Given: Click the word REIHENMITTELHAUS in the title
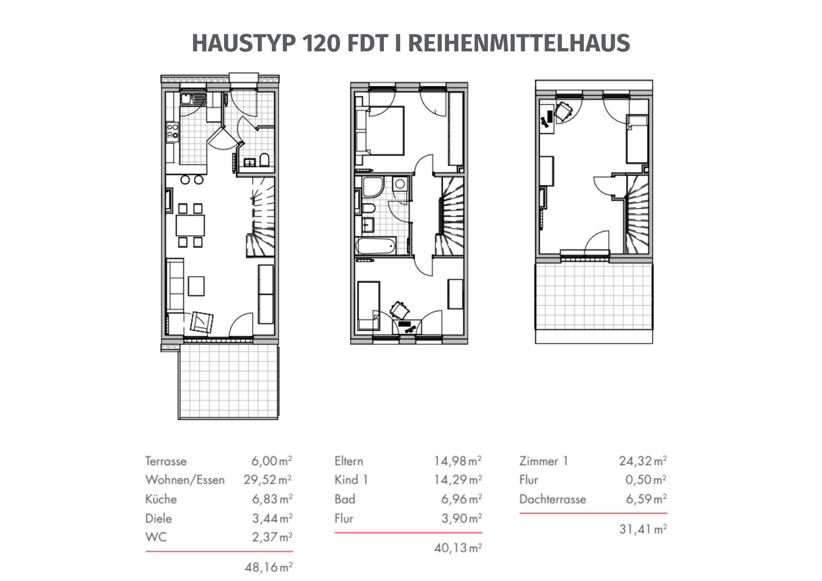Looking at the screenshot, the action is pyautogui.click(x=519, y=43).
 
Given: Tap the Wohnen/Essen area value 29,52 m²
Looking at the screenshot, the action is pyautogui.click(x=268, y=480).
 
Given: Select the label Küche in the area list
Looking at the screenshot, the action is pyautogui.click(x=161, y=499).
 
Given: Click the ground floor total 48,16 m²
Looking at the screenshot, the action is pyautogui.click(x=269, y=567).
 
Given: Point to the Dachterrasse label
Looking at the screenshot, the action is pyautogui.click(x=552, y=499).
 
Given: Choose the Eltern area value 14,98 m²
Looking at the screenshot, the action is pyautogui.click(x=458, y=461).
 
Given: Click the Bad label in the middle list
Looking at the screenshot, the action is pyautogui.click(x=345, y=499).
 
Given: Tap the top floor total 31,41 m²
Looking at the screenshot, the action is pyautogui.click(x=643, y=529).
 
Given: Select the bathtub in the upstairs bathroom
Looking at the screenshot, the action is pyautogui.click(x=376, y=246).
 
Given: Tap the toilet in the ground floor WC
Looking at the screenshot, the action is pyautogui.click(x=264, y=160).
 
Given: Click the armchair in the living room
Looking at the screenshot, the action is pyautogui.click(x=202, y=322).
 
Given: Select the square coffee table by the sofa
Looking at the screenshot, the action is pyautogui.click(x=196, y=286).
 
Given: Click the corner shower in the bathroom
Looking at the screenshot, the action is pyautogui.click(x=372, y=187).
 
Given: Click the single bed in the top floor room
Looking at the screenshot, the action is pyautogui.click(x=637, y=139).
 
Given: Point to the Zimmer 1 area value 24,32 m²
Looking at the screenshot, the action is pyautogui.click(x=643, y=461).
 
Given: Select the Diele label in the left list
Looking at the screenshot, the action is pyautogui.click(x=159, y=518).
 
